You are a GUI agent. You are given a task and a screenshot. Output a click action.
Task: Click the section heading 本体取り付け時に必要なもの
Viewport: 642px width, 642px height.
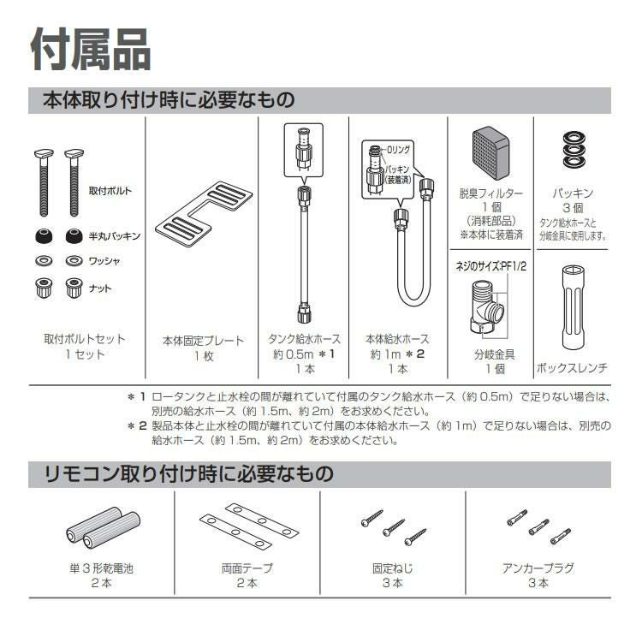point(169,100)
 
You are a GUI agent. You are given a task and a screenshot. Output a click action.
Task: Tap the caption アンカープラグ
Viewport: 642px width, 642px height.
point(538,568)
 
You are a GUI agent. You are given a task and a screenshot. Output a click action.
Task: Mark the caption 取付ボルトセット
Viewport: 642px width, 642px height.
point(85,339)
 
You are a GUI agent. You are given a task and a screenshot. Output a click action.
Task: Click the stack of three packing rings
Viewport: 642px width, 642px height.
point(571,151)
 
